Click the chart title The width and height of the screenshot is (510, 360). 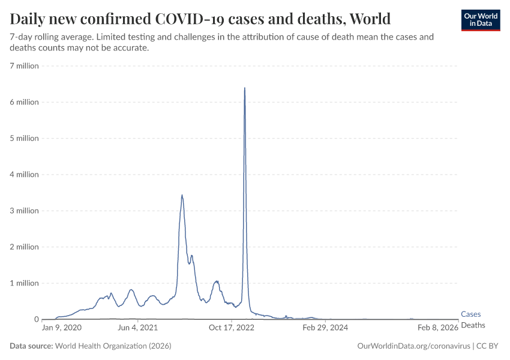pyautogui.click(x=200, y=18)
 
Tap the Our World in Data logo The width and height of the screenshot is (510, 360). pyautogui.click(x=480, y=20)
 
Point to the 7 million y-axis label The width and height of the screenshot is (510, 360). pyautogui.click(x=24, y=66)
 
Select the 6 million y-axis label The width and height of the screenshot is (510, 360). pyautogui.click(x=24, y=102)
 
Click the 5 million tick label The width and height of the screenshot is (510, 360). pyautogui.click(x=24, y=138)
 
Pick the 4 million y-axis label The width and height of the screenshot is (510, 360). pyautogui.click(x=24, y=175)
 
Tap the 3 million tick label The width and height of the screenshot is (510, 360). pyautogui.click(x=24, y=211)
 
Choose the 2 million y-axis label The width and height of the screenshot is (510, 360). pyautogui.click(x=24, y=247)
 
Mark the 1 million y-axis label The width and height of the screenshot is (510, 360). pyautogui.click(x=24, y=283)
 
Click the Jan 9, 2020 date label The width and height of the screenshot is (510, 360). pyautogui.click(x=62, y=328)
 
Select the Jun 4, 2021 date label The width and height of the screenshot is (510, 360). pyautogui.click(x=137, y=328)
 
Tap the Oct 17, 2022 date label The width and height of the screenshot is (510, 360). pyautogui.click(x=232, y=328)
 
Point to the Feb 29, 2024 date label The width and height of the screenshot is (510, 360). pyautogui.click(x=325, y=328)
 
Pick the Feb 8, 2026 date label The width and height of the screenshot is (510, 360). pyautogui.click(x=438, y=328)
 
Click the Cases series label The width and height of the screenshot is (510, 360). pyautogui.click(x=470, y=314)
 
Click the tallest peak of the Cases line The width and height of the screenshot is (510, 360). pyautogui.click(x=245, y=89)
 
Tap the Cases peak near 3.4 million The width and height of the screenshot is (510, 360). pyautogui.click(x=182, y=196)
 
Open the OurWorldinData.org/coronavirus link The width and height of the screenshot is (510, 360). pyautogui.click(x=413, y=346)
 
